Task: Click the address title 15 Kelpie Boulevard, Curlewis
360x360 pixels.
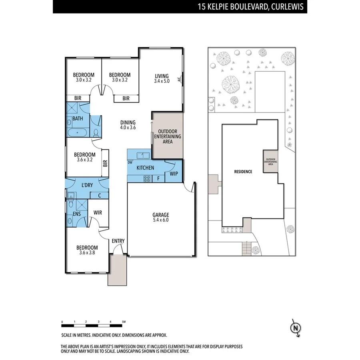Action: point(250,7)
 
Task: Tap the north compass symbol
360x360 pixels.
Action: point(295,328)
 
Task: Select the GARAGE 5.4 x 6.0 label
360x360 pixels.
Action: point(161,217)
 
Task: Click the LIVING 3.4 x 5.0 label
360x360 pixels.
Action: point(162,78)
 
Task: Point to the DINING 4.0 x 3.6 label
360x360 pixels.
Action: point(128,125)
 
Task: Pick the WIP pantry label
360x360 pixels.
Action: point(174,174)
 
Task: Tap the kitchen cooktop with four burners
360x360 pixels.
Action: point(147,179)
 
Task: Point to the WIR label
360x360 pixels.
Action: point(98,213)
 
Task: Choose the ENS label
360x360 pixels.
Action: point(77,214)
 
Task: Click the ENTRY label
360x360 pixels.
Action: point(118,241)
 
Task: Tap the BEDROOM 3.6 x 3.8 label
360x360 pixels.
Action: point(87,250)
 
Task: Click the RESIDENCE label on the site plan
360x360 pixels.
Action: point(243,172)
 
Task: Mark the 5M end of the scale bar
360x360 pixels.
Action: point(124,322)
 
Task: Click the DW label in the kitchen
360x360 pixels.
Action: point(130,162)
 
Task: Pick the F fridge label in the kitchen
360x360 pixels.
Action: point(158,178)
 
